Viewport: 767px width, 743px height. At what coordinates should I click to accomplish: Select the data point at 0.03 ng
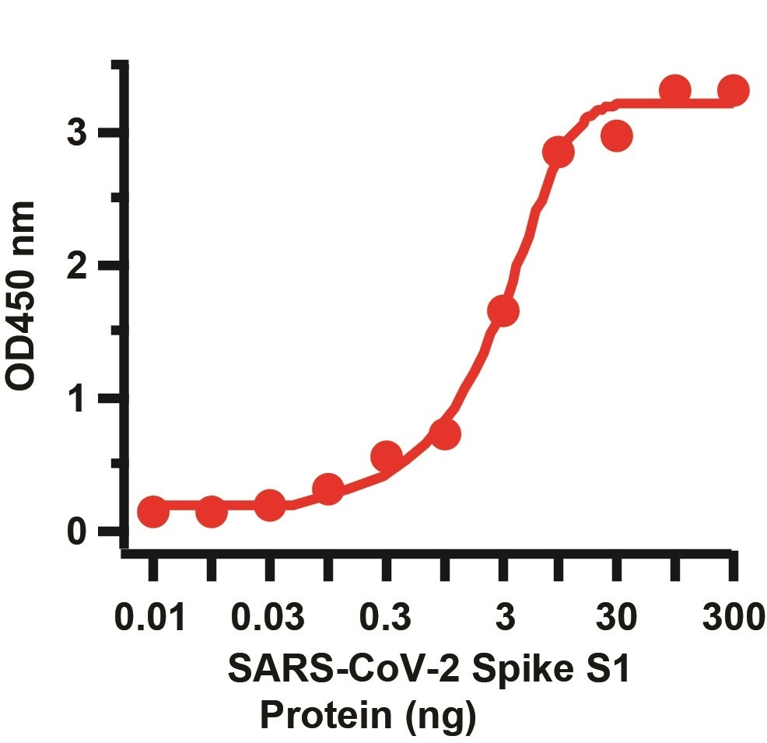pyautogui.click(x=269, y=506)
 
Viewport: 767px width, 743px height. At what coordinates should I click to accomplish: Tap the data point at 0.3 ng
pyautogui.click(x=386, y=457)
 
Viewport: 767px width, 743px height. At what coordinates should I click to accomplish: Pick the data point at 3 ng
pyautogui.click(x=503, y=311)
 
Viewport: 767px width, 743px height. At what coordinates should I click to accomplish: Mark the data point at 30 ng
pyautogui.click(x=616, y=136)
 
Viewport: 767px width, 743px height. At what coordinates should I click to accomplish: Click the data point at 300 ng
pyautogui.click(x=732, y=91)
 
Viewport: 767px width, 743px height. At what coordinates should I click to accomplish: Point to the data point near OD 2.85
pyautogui.click(x=558, y=152)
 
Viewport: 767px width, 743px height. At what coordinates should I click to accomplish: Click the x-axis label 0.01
pyautogui.click(x=151, y=619)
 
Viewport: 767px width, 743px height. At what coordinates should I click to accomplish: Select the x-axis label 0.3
pyautogui.click(x=386, y=619)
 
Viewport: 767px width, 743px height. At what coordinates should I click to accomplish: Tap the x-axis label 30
pyautogui.click(x=616, y=619)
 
